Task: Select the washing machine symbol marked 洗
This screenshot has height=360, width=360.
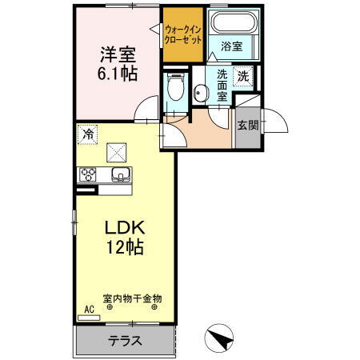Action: pyautogui.click(x=242, y=78)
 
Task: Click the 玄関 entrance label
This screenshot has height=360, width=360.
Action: pyautogui.click(x=247, y=126)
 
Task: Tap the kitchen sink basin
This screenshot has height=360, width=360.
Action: pyautogui.click(x=120, y=175)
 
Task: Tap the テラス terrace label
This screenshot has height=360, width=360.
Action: pyautogui.click(x=126, y=341)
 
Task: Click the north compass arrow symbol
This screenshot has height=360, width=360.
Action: pyautogui.click(x=219, y=338)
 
